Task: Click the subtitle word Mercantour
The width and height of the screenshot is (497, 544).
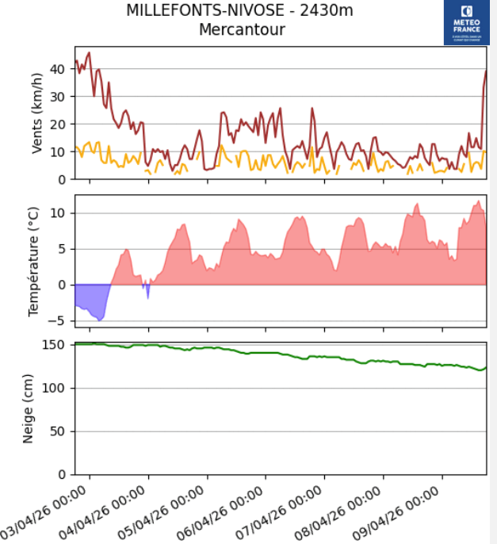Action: (242, 30)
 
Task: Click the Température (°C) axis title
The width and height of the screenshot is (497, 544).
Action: (33, 261)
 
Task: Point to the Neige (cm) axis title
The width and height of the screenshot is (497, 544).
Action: (29, 408)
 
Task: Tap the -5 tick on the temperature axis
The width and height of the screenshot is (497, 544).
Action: (59, 320)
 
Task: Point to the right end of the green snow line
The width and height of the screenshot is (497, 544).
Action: (485, 368)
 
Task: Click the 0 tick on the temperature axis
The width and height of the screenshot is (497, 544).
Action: (61, 285)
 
